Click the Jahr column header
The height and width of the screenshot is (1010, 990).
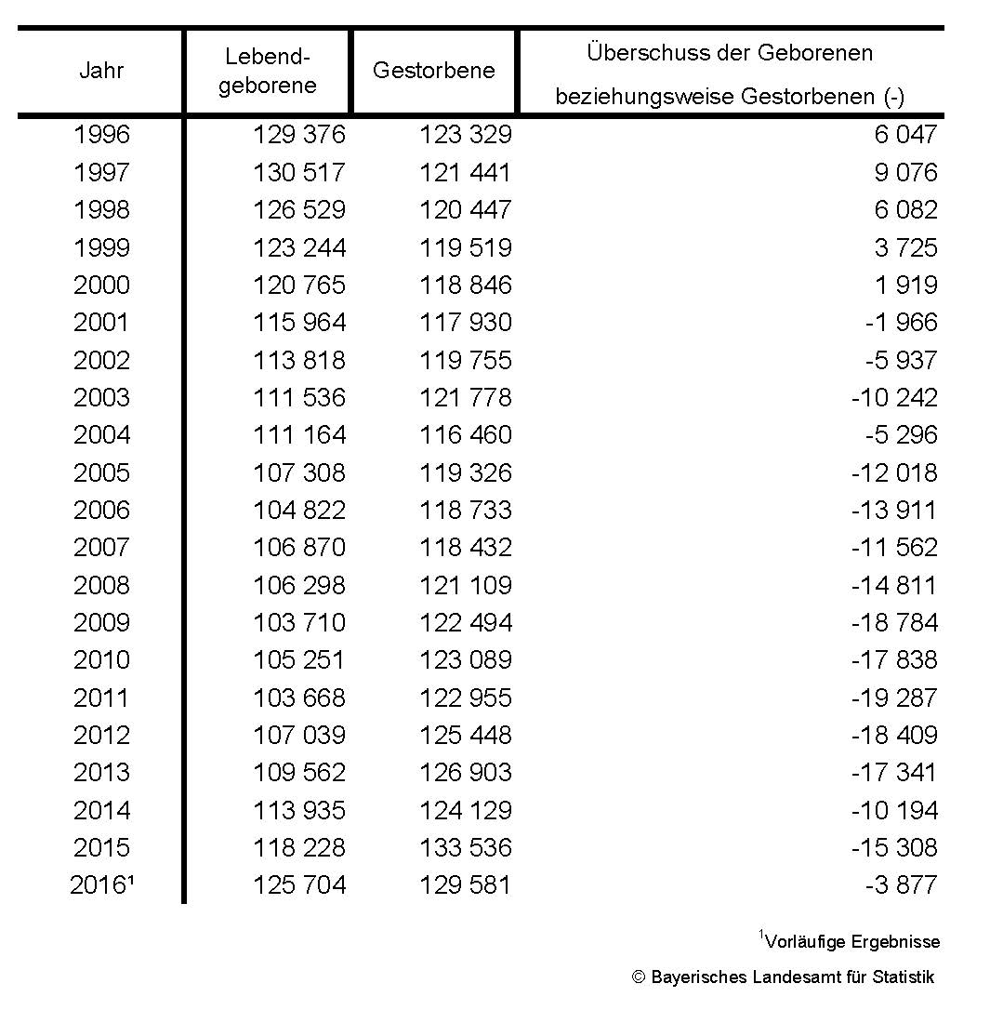[x=101, y=71]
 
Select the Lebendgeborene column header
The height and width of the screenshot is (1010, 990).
[x=267, y=71]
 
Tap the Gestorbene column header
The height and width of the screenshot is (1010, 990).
[x=433, y=71]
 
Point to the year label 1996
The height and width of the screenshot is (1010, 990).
[x=101, y=135]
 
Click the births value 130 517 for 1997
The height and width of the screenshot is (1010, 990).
[x=298, y=172]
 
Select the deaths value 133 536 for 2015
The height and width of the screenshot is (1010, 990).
[x=465, y=847]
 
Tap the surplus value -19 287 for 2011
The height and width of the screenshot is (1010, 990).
[x=893, y=698]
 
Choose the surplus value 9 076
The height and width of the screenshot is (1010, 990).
[x=905, y=172]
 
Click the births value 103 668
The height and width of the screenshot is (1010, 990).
[x=298, y=698]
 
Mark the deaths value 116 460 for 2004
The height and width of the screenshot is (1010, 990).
[x=465, y=434]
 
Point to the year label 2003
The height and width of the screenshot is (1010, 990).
[x=101, y=397]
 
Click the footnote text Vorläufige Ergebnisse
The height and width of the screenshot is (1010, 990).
[x=852, y=941]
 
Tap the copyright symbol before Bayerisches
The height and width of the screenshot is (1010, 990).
[x=638, y=977]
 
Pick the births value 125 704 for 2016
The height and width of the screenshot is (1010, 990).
[x=298, y=884]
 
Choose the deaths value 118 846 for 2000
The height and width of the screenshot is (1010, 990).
[x=465, y=285]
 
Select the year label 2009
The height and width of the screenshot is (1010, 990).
[x=101, y=622]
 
